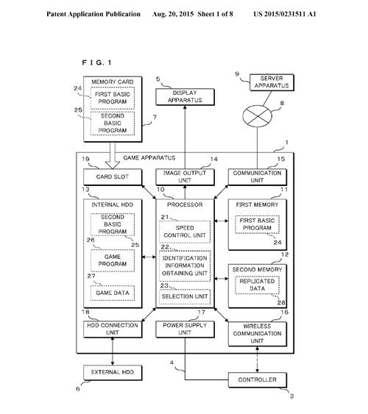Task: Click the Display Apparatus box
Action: [x=185, y=97]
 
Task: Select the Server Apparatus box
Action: [x=272, y=82]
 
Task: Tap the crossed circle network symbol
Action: [x=257, y=116]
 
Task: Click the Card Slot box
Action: [x=113, y=177]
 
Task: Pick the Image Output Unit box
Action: [x=185, y=177]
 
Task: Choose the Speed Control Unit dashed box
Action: [x=185, y=232]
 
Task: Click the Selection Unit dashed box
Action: [x=185, y=297]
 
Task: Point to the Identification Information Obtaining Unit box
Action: [x=185, y=266]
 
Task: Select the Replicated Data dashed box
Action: [x=257, y=285]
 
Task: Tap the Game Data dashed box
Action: [x=113, y=293]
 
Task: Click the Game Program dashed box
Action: [x=113, y=260]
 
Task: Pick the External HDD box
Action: [x=113, y=373]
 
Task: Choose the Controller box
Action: [x=258, y=380]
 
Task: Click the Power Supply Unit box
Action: [x=185, y=329]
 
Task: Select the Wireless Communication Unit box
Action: [x=258, y=334]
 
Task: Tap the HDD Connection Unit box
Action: [x=113, y=329]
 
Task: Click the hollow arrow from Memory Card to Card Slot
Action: [x=113, y=156]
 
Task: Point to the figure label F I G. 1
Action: [x=96, y=63]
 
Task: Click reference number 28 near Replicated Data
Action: [x=281, y=302]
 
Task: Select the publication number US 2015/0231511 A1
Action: [x=285, y=14]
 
